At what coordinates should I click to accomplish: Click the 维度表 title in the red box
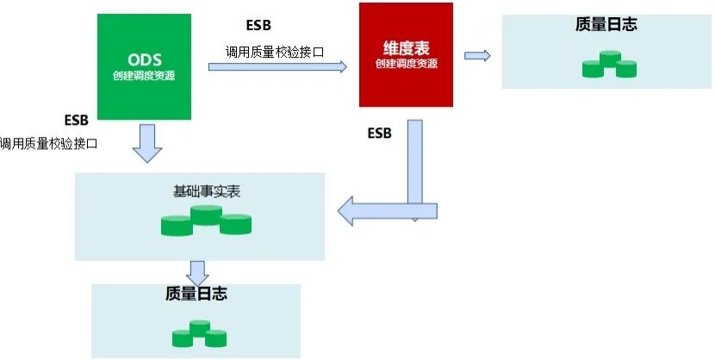coord(406,48)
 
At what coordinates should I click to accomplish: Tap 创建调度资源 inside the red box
coord(406,63)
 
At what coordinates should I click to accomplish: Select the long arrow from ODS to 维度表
coord(277,66)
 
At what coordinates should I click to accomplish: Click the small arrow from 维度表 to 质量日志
coord(477,56)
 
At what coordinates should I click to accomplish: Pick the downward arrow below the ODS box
coord(147,142)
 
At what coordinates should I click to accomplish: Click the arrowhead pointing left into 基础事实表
coord(349,210)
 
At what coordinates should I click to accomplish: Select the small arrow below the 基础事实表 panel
coord(198,272)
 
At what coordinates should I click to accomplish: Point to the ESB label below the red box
coord(379,133)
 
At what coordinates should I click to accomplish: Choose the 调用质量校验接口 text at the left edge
coord(49,143)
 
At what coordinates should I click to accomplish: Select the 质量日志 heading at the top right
coord(606,24)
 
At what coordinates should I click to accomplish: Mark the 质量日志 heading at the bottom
coord(196,295)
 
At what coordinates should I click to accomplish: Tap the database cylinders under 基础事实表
coord(206,220)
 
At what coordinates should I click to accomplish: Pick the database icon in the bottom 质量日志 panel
coord(200,334)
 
